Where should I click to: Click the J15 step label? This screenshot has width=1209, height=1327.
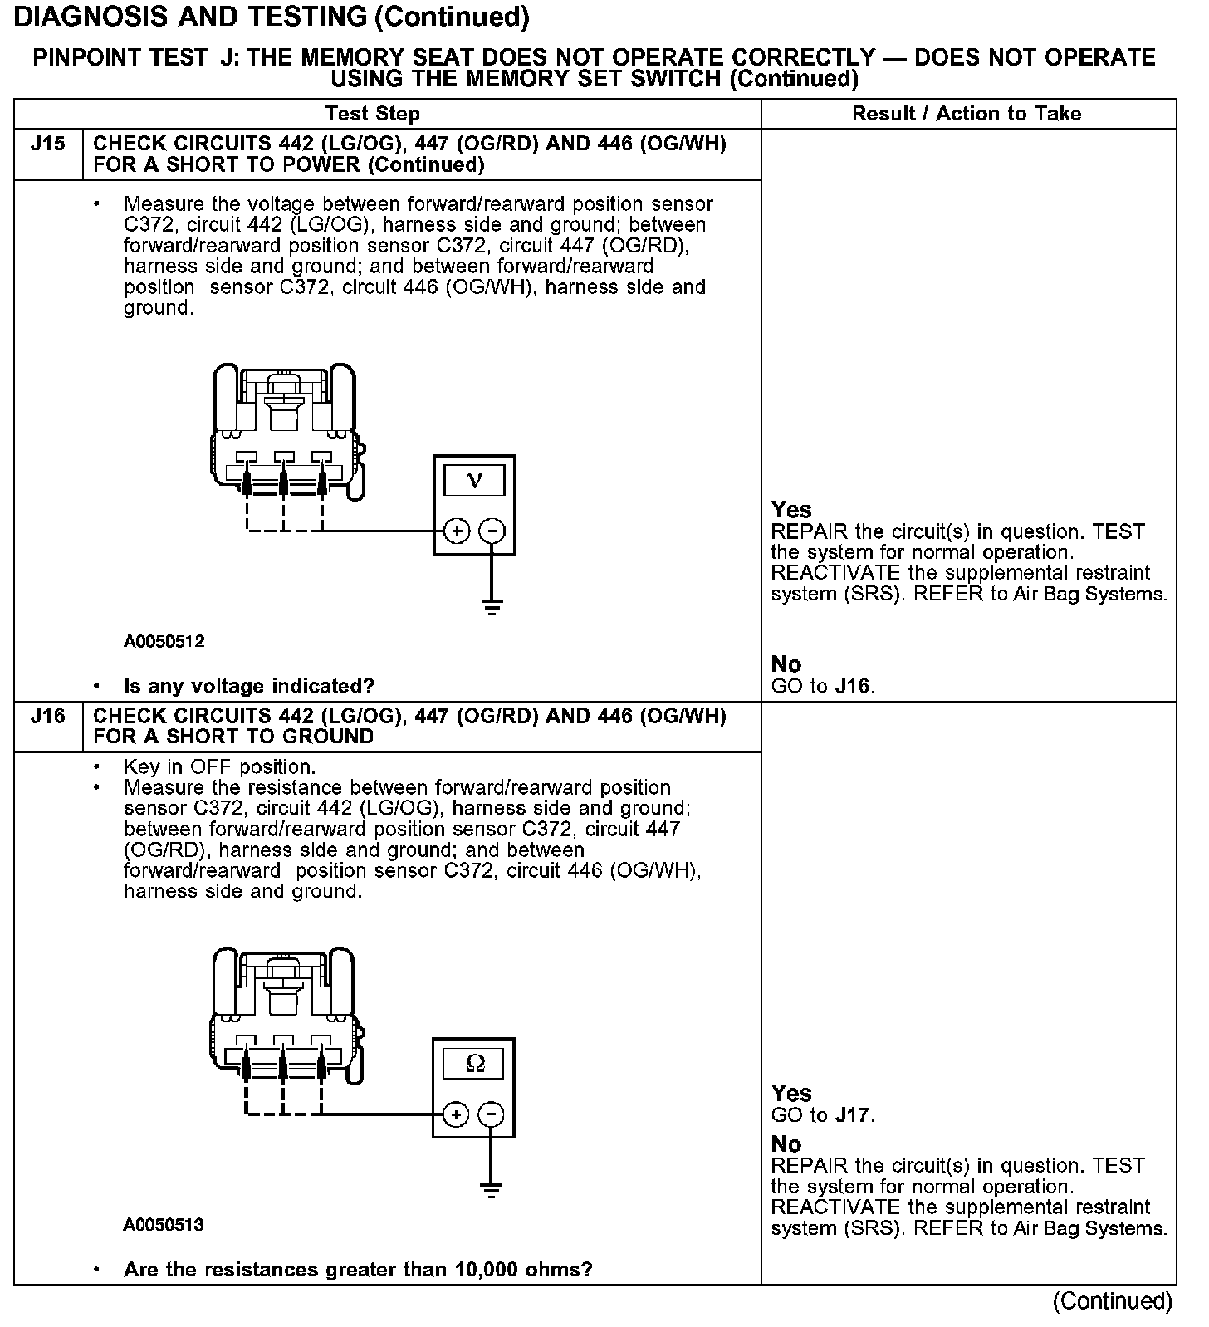tap(47, 144)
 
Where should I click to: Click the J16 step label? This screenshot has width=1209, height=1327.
tap(47, 716)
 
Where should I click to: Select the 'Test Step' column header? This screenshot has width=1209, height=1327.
tap(373, 114)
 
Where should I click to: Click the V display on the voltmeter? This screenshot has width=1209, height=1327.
tap(474, 480)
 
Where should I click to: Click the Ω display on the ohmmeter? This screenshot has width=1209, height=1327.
tap(474, 1063)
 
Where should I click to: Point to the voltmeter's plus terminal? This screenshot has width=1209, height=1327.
tap(457, 531)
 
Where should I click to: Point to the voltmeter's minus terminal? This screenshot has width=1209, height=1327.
tap(492, 531)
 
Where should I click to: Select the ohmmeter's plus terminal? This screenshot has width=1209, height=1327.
tap(456, 1114)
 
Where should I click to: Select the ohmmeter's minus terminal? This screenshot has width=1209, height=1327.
tap(492, 1114)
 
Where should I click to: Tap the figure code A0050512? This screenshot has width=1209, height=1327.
tap(164, 641)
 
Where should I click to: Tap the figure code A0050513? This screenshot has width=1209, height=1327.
tap(164, 1225)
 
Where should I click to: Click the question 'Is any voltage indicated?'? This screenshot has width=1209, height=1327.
tap(249, 686)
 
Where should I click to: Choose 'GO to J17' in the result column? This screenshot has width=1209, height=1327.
tap(822, 1115)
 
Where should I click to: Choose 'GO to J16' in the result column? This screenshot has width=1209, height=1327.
tap(822, 686)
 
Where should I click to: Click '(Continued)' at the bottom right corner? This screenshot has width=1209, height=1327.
tap(1112, 1301)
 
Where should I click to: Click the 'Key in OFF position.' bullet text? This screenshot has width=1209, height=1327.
tap(219, 766)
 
